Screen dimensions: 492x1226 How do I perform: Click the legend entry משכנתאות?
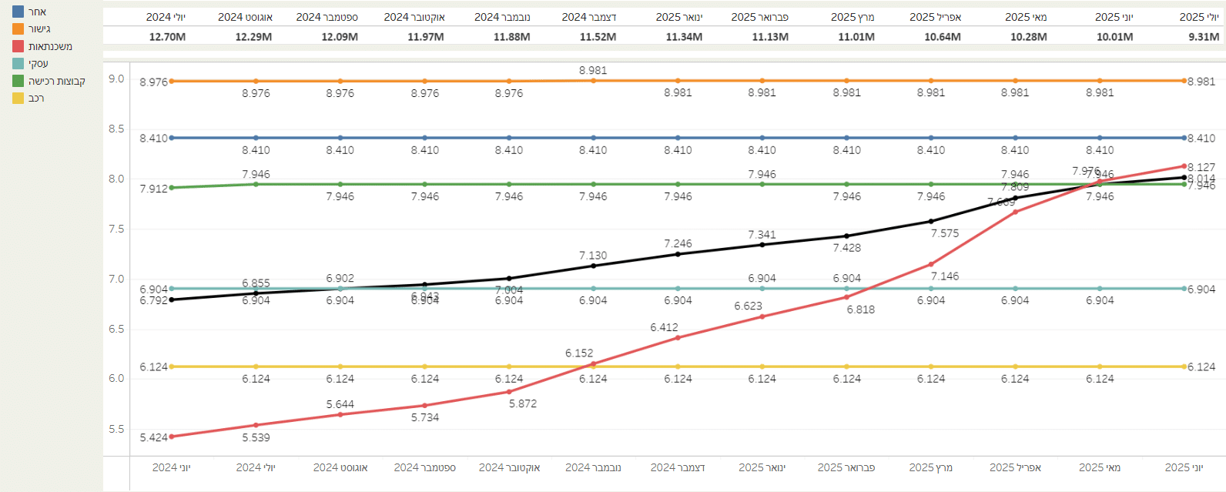pyautogui.click(x=50, y=46)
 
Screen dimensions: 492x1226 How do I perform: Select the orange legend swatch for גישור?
pyautogui.click(x=18, y=28)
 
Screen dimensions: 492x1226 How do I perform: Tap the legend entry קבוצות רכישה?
pyautogui.click(x=56, y=81)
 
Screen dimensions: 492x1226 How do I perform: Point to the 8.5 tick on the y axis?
pyautogui.click(x=116, y=129)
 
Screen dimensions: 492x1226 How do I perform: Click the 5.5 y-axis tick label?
pyautogui.click(x=116, y=429)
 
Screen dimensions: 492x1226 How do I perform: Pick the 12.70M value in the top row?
pyautogui.click(x=167, y=36)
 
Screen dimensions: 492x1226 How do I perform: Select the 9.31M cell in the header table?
pyautogui.click(x=1204, y=36)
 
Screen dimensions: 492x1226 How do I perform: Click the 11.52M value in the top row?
pyautogui.click(x=598, y=36)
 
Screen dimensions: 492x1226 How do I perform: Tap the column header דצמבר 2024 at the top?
pyautogui.click(x=589, y=17)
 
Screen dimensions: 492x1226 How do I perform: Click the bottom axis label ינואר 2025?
pyautogui.click(x=762, y=467)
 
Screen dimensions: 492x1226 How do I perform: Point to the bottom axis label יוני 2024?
pyautogui.click(x=171, y=467)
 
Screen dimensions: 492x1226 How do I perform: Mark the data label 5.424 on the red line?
pyautogui.click(x=153, y=437)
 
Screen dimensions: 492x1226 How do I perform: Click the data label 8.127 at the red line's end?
pyautogui.click(x=1201, y=167)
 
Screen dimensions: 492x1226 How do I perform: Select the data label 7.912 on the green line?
pyautogui.click(x=153, y=189)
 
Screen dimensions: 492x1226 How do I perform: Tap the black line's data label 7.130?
pyautogui.click(x=593, y=256)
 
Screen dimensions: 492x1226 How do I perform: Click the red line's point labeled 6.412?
pyautogui.click(x=678, y=337)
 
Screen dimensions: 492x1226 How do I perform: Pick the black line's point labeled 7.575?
pyautogui.click(x=931, y=221)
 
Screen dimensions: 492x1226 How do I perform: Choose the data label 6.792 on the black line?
pyautogui.click(x=153, y=300)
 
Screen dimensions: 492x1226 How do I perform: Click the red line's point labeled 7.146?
pyautogui.click(x=931, y=264)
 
